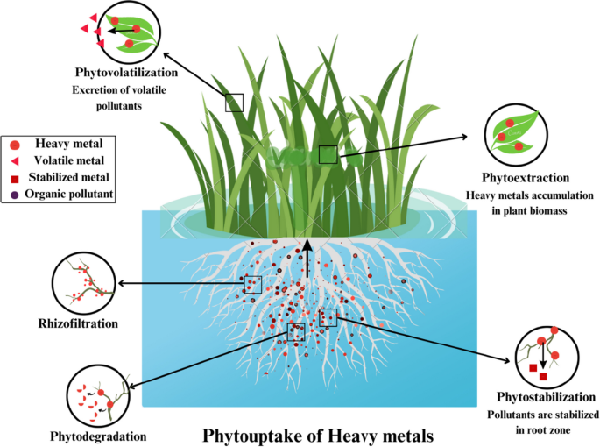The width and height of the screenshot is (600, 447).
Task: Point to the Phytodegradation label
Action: click(x=99, y=435)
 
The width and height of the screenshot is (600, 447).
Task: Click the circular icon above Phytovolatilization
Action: click(x=124, y=30)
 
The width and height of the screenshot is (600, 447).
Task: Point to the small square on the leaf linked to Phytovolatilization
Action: click(x=234, y=103)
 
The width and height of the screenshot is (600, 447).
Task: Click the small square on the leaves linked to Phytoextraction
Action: click(x=328, y=155)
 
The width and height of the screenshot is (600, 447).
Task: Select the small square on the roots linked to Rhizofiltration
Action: click(x=253, y=284)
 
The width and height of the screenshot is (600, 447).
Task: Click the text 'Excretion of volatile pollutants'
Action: click(x=119, y=97)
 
